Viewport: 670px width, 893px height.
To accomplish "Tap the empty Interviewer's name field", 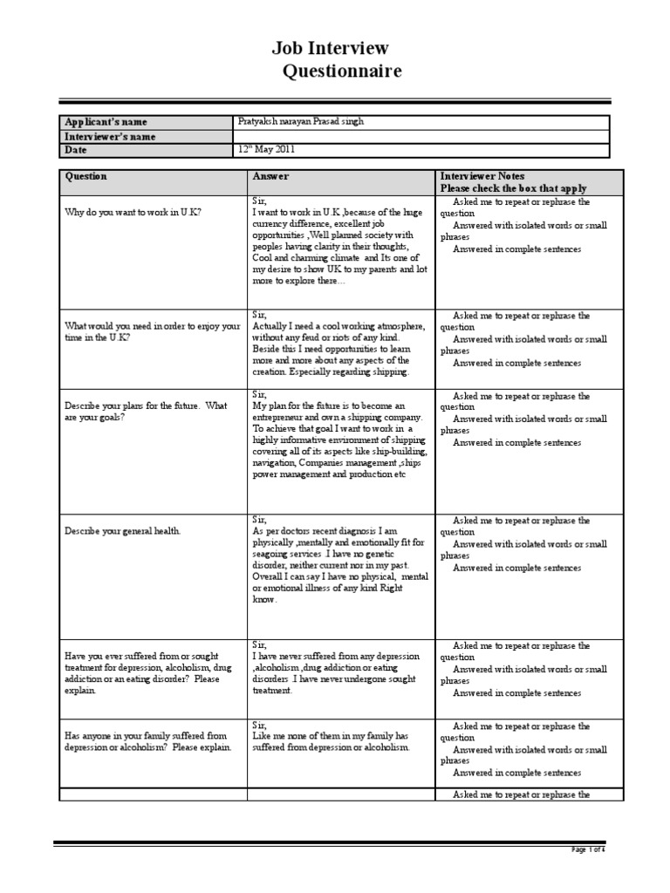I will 427,136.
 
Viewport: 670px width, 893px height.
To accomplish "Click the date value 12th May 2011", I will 267,150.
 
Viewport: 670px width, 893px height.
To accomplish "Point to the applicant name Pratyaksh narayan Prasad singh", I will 301,122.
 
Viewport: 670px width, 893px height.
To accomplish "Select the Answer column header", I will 270,176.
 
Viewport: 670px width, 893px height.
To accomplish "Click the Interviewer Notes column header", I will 482,176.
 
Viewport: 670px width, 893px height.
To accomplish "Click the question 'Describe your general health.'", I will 126,529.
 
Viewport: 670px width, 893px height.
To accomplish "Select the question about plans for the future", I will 146,411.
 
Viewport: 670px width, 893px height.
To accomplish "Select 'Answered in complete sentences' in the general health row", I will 516,568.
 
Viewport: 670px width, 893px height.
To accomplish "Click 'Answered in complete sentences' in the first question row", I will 516,249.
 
